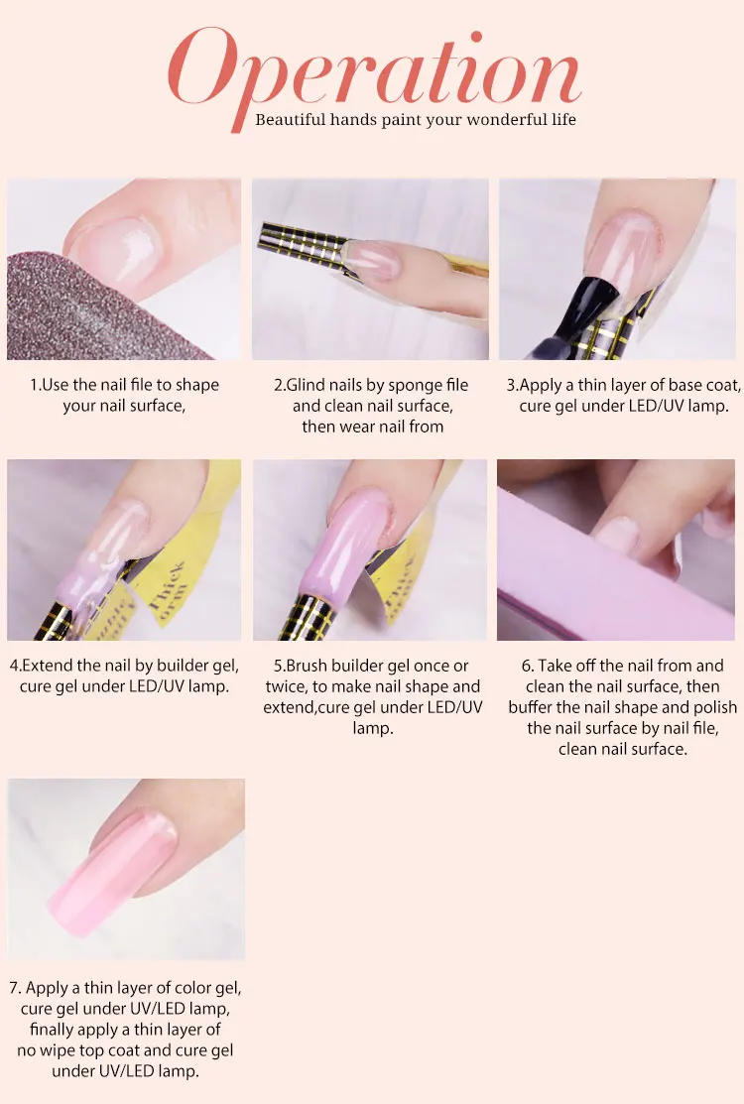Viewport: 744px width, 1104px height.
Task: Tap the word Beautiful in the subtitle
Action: [x=290, y=120]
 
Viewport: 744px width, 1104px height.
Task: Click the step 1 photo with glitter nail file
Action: [x=124, y=269]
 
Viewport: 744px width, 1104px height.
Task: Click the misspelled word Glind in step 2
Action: [x=306, y=385]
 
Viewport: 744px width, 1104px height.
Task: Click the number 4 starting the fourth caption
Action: [x=14, y=666]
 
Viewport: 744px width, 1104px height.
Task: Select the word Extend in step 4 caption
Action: [x=49, y=666]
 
